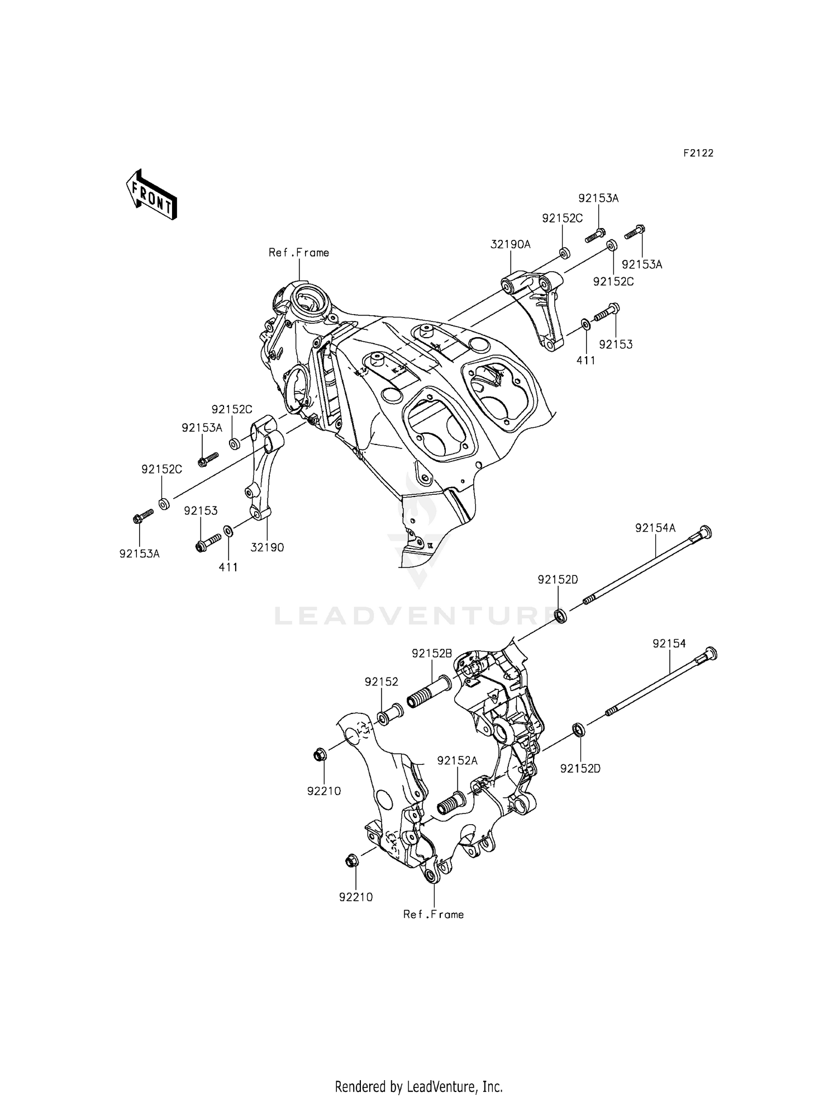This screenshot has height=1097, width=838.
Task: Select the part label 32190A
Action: [511, 244]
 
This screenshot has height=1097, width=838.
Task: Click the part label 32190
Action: [267, 547]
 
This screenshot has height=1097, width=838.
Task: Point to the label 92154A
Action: [655, 528]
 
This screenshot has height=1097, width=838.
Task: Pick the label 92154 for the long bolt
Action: [669, 644]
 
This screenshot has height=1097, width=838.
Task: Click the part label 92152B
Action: [432, 653]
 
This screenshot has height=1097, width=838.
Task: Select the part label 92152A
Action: [458, 760]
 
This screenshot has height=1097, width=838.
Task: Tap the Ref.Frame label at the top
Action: [299, 253]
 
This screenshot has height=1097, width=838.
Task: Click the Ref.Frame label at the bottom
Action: [434, 914]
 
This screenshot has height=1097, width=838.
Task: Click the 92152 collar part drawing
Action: [392, 714]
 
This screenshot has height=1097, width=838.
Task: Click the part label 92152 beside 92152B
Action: [382, 682]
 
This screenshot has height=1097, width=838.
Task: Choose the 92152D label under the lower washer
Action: [580, 769]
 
